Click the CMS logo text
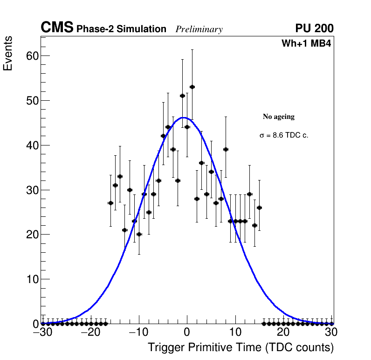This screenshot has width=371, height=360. click(x=57, y=28)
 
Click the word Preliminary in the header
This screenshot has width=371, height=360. click(x=199, y=29)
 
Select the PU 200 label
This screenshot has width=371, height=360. click(x=314, y=28)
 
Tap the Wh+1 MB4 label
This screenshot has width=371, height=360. click(x=306, y=44)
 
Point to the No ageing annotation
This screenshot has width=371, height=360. click(x=279, y=117)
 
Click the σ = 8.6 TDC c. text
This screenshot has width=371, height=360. click(x=284, y=135)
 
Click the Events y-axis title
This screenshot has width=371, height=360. click(x=8, y=53)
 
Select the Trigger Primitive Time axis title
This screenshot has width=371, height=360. click(x=240, y=347)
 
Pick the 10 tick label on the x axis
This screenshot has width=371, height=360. click(x=235, y=332)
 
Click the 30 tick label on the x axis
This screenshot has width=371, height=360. click(x=331, y=332)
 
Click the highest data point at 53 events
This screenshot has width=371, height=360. click(x=192, y=87)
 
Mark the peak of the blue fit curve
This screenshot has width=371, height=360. click(x=184, y=118)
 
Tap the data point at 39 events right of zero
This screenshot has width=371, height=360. click(x=226, y=149)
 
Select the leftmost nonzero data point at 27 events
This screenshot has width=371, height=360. click(x=110, y=203)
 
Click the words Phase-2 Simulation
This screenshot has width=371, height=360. click(x=121, y=29)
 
